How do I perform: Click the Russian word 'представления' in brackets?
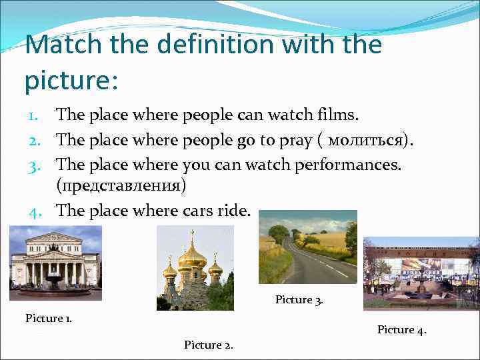[x=121, y=185]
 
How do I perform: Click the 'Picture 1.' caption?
[x=49, y=317]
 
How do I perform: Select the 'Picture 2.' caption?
[x=207, y=344]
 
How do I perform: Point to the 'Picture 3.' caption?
[x=299, y=299]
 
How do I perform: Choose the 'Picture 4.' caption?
[x=401, y=329]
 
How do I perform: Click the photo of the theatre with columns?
[x=55, y=263]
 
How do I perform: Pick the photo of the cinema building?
[x=421, y=273]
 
